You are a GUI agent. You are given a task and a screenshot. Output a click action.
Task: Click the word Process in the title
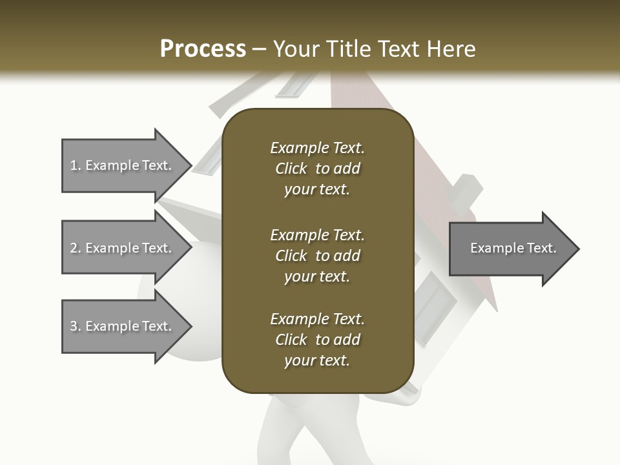click(203, 49)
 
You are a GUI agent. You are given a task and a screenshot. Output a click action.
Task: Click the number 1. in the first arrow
click(76, 165)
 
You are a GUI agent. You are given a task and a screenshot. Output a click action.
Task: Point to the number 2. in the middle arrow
click(76, 248)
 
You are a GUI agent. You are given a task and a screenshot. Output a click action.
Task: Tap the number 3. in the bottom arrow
click(76, 326)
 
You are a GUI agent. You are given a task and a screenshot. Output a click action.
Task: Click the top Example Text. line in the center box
click(317, 148)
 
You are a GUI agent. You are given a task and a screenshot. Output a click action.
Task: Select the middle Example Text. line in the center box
click(317, 234)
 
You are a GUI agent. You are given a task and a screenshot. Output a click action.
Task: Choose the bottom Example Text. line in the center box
click(317, 319)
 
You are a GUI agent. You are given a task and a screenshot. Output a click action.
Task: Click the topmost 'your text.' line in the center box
click(317, 190)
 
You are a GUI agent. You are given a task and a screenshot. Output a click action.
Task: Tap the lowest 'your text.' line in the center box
click(317, 361)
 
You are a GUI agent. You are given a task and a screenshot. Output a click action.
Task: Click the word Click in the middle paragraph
click(291, 256)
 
